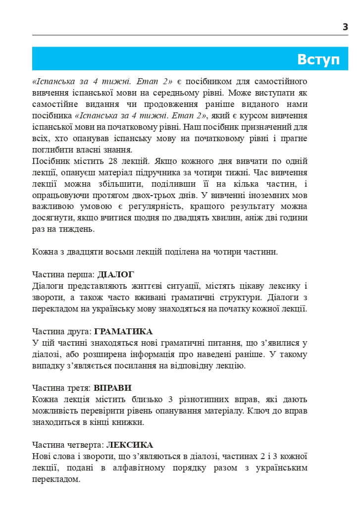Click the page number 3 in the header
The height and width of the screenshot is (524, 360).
coord(345,27)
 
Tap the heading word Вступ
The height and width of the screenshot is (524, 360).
coord(318,59)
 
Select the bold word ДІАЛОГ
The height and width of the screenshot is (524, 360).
coord(116,274)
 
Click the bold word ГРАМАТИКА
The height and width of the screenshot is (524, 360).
coord(123,331)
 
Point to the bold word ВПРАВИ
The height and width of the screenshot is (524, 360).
coord(112,388)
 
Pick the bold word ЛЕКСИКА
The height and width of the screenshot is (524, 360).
coord(130,445)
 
